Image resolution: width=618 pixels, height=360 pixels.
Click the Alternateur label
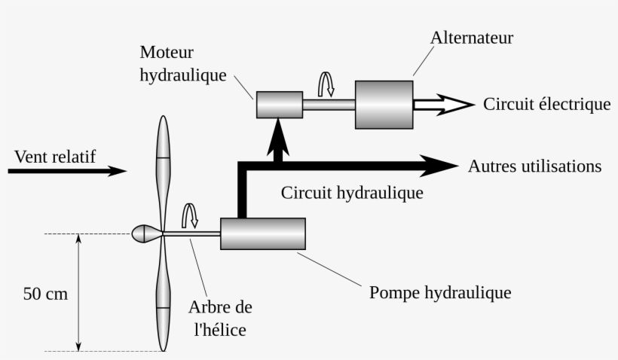click(472, 38)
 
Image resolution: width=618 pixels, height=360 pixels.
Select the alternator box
click(384, 104)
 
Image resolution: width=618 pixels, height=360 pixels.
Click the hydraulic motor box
click(279, 104)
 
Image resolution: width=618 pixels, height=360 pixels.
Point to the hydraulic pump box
click(262, 233)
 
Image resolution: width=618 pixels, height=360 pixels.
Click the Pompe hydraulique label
click(440, 292)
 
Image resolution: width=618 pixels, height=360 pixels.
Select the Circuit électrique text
click(546, 104)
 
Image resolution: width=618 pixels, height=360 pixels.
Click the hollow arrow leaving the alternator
click(445, 104)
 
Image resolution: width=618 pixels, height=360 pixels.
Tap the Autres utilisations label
click(534, 166)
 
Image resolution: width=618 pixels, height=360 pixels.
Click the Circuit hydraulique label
click(352, 193)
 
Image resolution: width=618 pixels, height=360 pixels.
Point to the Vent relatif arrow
click(68, 171)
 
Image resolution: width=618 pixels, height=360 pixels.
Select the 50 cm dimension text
click(45, 294)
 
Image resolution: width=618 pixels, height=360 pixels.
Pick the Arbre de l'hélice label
click(220, 319)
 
